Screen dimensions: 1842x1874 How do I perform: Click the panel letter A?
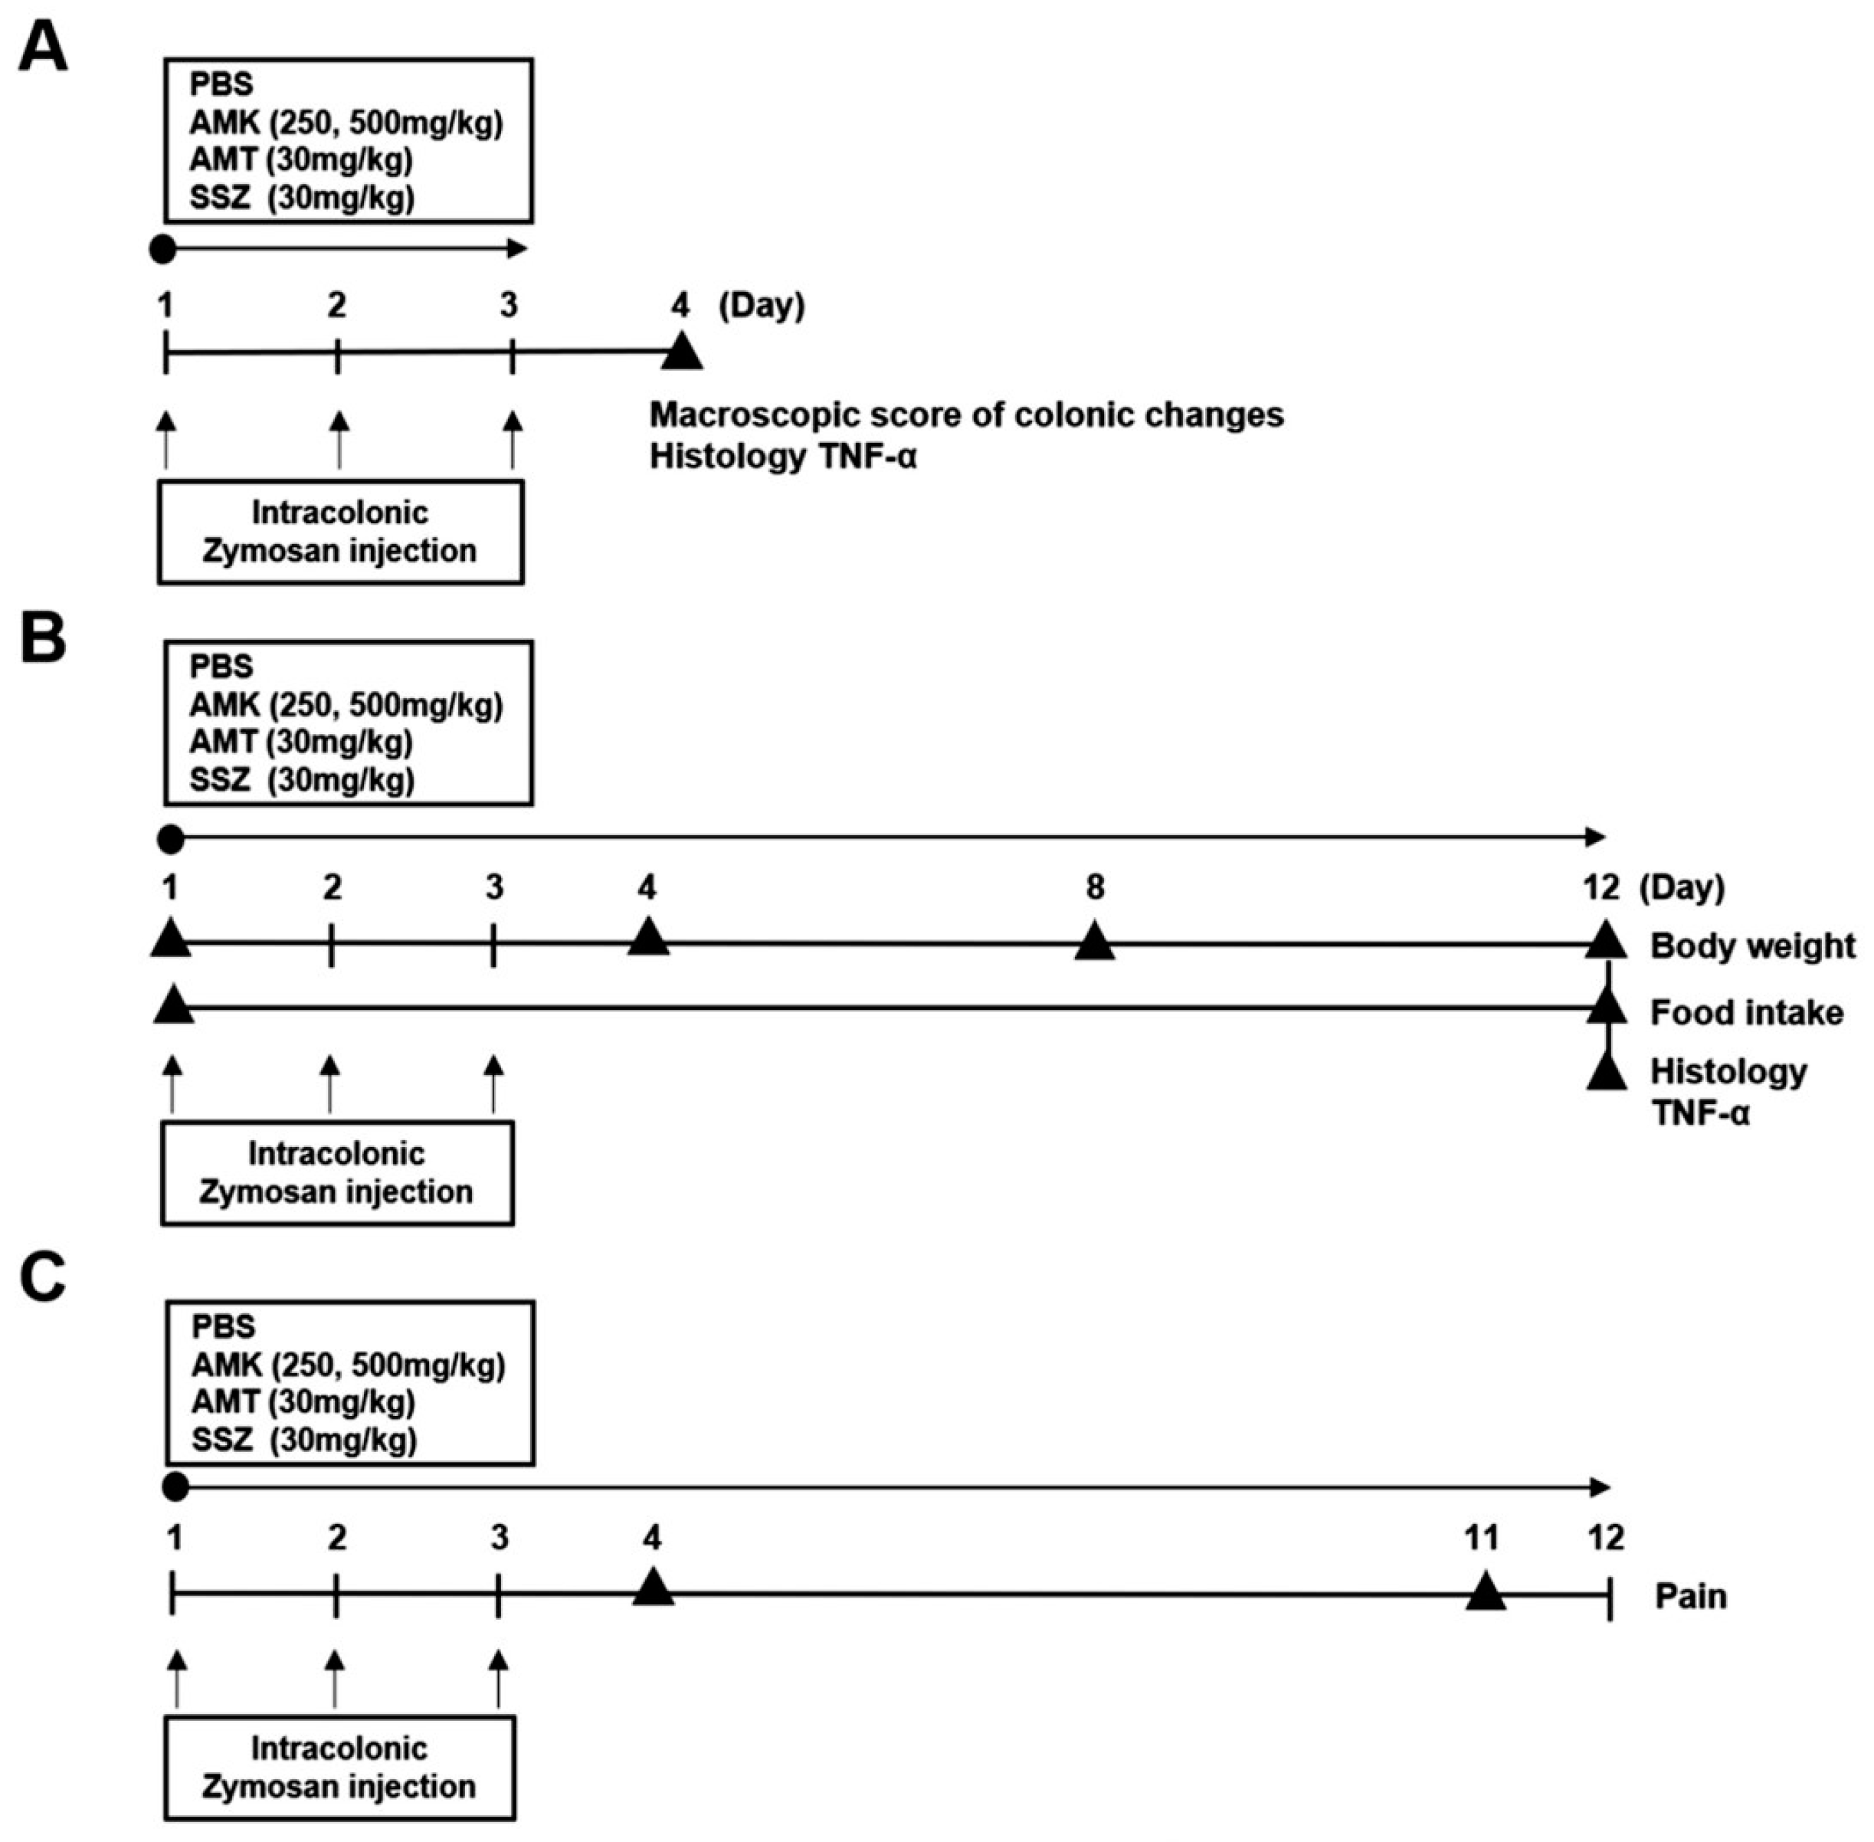(44, 48)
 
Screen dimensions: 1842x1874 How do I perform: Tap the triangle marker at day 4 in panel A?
(682, 351)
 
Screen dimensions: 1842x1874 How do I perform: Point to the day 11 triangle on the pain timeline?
(1485, 1591)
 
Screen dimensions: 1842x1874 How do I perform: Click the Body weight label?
(1752, 946)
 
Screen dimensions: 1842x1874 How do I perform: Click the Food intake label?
(1746, 1012)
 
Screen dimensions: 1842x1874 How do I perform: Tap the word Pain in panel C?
(1690, 1595)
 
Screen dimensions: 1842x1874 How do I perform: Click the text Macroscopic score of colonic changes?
(965, 414)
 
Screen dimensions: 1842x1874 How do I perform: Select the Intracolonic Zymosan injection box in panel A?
(340, 532)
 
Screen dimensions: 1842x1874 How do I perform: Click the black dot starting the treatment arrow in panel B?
(170, 839)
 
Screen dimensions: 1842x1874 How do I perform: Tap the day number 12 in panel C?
(1606, 1537)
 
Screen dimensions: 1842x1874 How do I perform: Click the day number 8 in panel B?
(1094, 887)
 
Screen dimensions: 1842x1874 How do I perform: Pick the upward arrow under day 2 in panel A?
(339, 440)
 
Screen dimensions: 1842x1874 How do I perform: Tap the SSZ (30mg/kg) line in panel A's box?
(302, 198)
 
